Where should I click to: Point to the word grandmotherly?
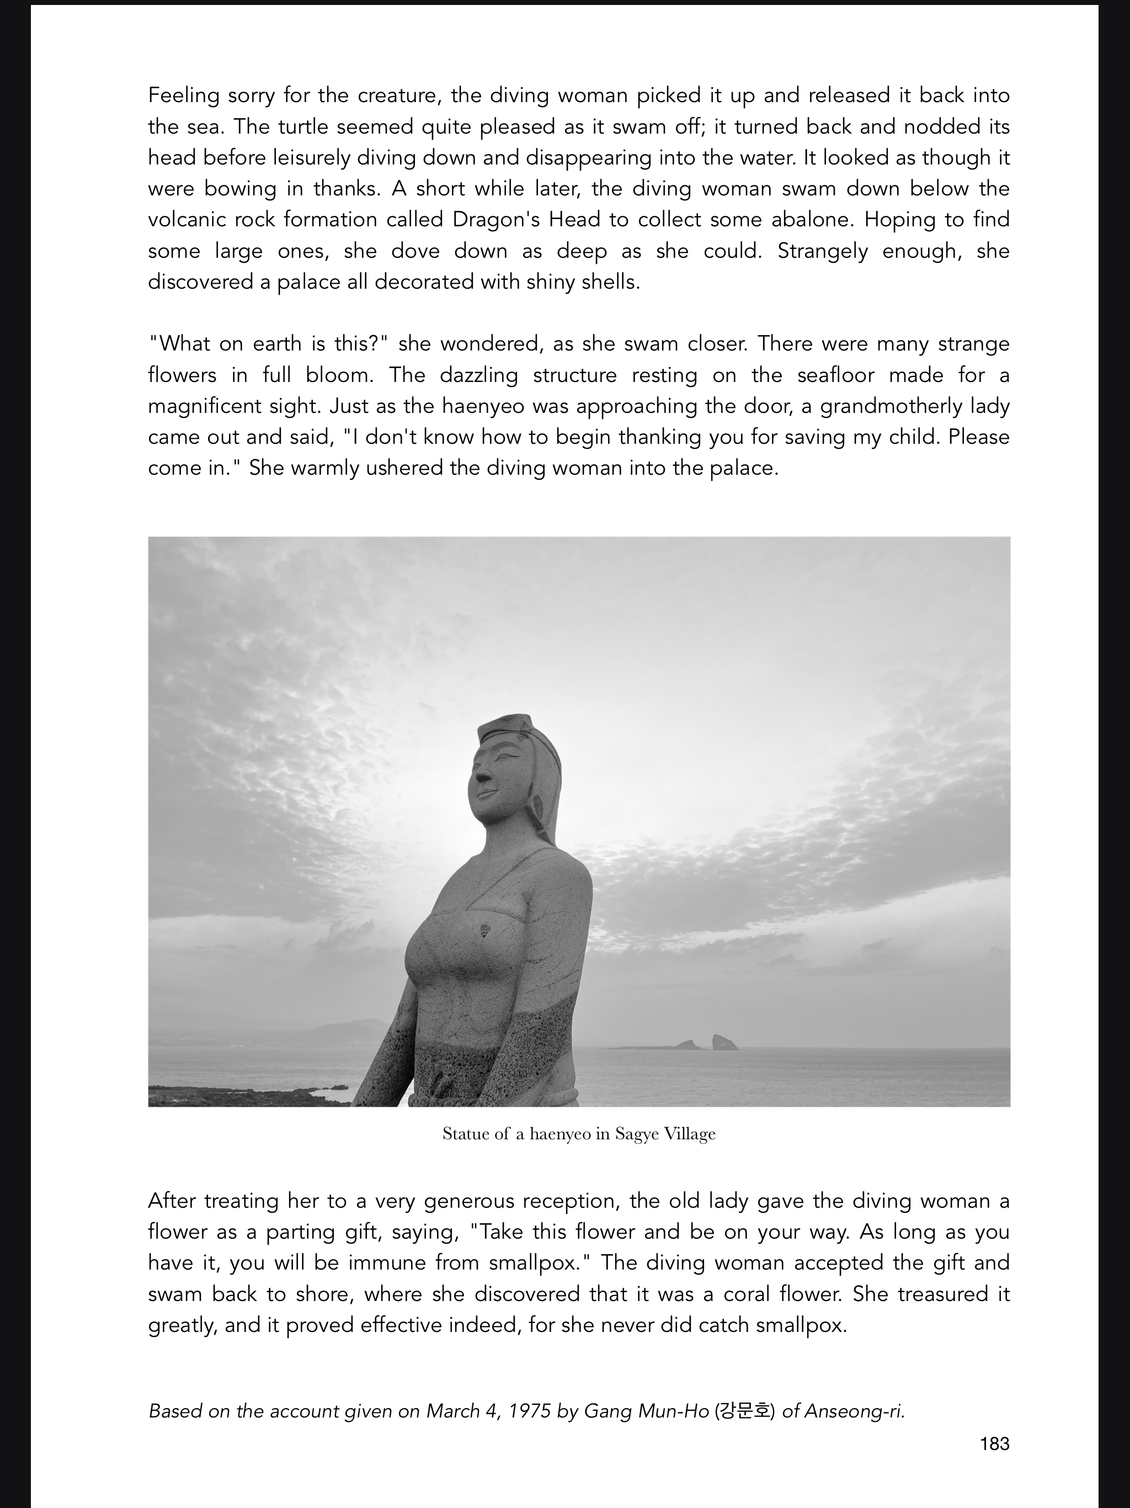886,406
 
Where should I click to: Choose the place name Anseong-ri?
855,1411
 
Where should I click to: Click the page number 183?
994,1444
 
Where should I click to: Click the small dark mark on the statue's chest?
485,931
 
